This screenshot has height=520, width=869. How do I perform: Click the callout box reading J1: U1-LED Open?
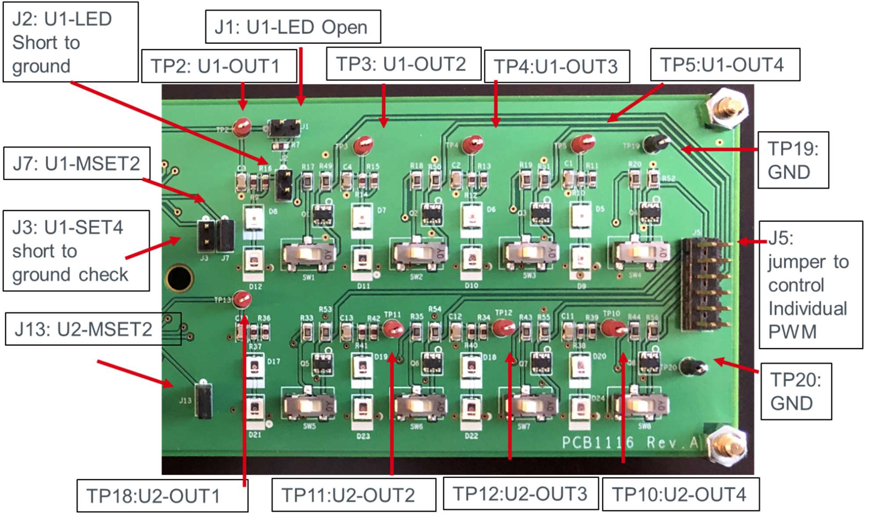(x=293, y=27)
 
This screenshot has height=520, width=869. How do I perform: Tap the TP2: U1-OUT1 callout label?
(x=219, y=66)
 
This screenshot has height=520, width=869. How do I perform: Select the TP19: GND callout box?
(x=793, y=160)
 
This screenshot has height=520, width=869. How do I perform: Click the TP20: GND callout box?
(x=796, y=391)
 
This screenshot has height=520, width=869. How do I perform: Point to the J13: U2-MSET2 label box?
(x=93, y=329)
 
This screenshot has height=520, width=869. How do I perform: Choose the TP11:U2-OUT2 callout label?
(x=353, y=495)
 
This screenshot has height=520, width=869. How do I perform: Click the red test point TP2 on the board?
(x=242, y=127)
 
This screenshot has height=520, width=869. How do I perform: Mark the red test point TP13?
(x=242, y=300)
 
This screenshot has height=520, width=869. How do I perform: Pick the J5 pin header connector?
(x=706, y=284)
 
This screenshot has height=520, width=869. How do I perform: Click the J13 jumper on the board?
(x=203, y=400)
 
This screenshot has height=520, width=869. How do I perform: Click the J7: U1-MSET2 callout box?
(x=76, y=164)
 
